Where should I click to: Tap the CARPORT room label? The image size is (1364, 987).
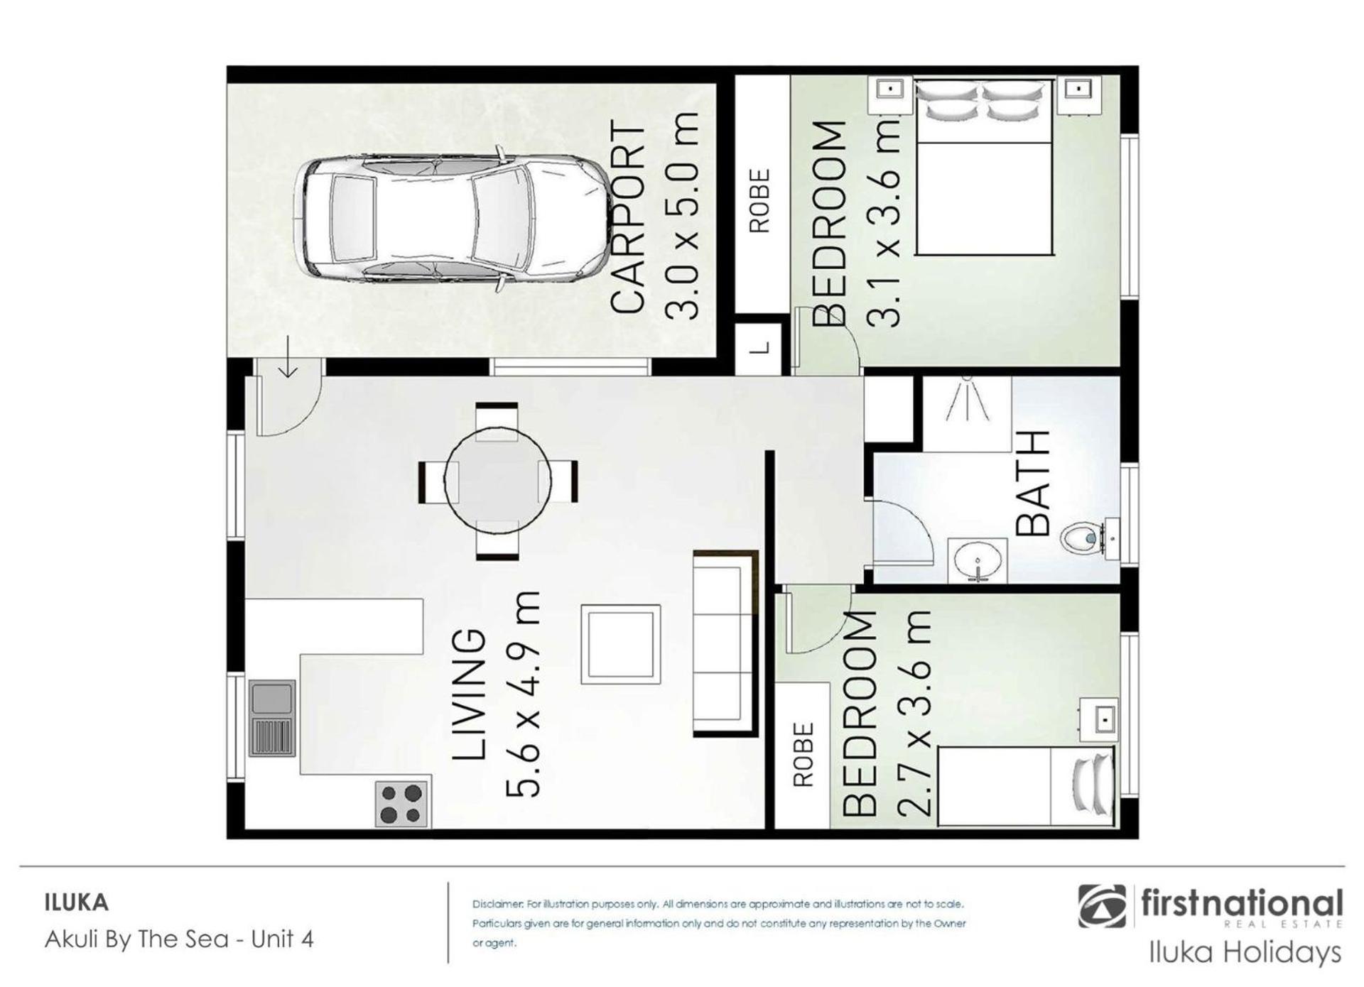[x=628, y=218]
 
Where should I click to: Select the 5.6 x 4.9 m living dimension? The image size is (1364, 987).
[x=523, y=694]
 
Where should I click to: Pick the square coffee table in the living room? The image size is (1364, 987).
[x=621, y=644]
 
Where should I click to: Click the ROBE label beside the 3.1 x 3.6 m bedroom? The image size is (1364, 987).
[x=759, y=200]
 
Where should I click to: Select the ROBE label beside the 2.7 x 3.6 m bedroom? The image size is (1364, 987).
[x=802, y=755]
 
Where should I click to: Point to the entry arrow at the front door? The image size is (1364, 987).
[x=288, y=358]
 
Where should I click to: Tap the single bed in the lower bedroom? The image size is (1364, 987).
[x=1026, y=786]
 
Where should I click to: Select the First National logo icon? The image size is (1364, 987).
[x=1102, y=906]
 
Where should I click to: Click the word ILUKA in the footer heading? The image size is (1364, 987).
[x=77, y=903]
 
